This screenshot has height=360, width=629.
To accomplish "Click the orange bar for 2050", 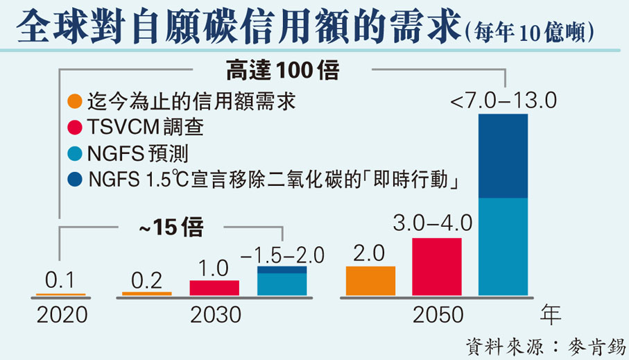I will click(370, 281).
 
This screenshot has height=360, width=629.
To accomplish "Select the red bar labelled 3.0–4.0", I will click(437, 266).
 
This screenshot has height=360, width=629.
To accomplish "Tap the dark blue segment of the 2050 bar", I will click(503, 156).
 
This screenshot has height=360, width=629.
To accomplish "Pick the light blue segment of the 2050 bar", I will click(503, 246).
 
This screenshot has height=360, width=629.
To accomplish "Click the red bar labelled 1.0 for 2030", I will click(214, 288).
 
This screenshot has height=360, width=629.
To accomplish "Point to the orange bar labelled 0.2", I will click(147, 293).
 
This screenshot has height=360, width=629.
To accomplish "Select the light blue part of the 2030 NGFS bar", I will click(282, 284).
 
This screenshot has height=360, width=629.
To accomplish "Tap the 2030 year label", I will click(214, 315).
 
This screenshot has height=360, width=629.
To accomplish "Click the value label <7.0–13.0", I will click(503, 102).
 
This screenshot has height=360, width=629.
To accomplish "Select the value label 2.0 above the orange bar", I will click(370, 253).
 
